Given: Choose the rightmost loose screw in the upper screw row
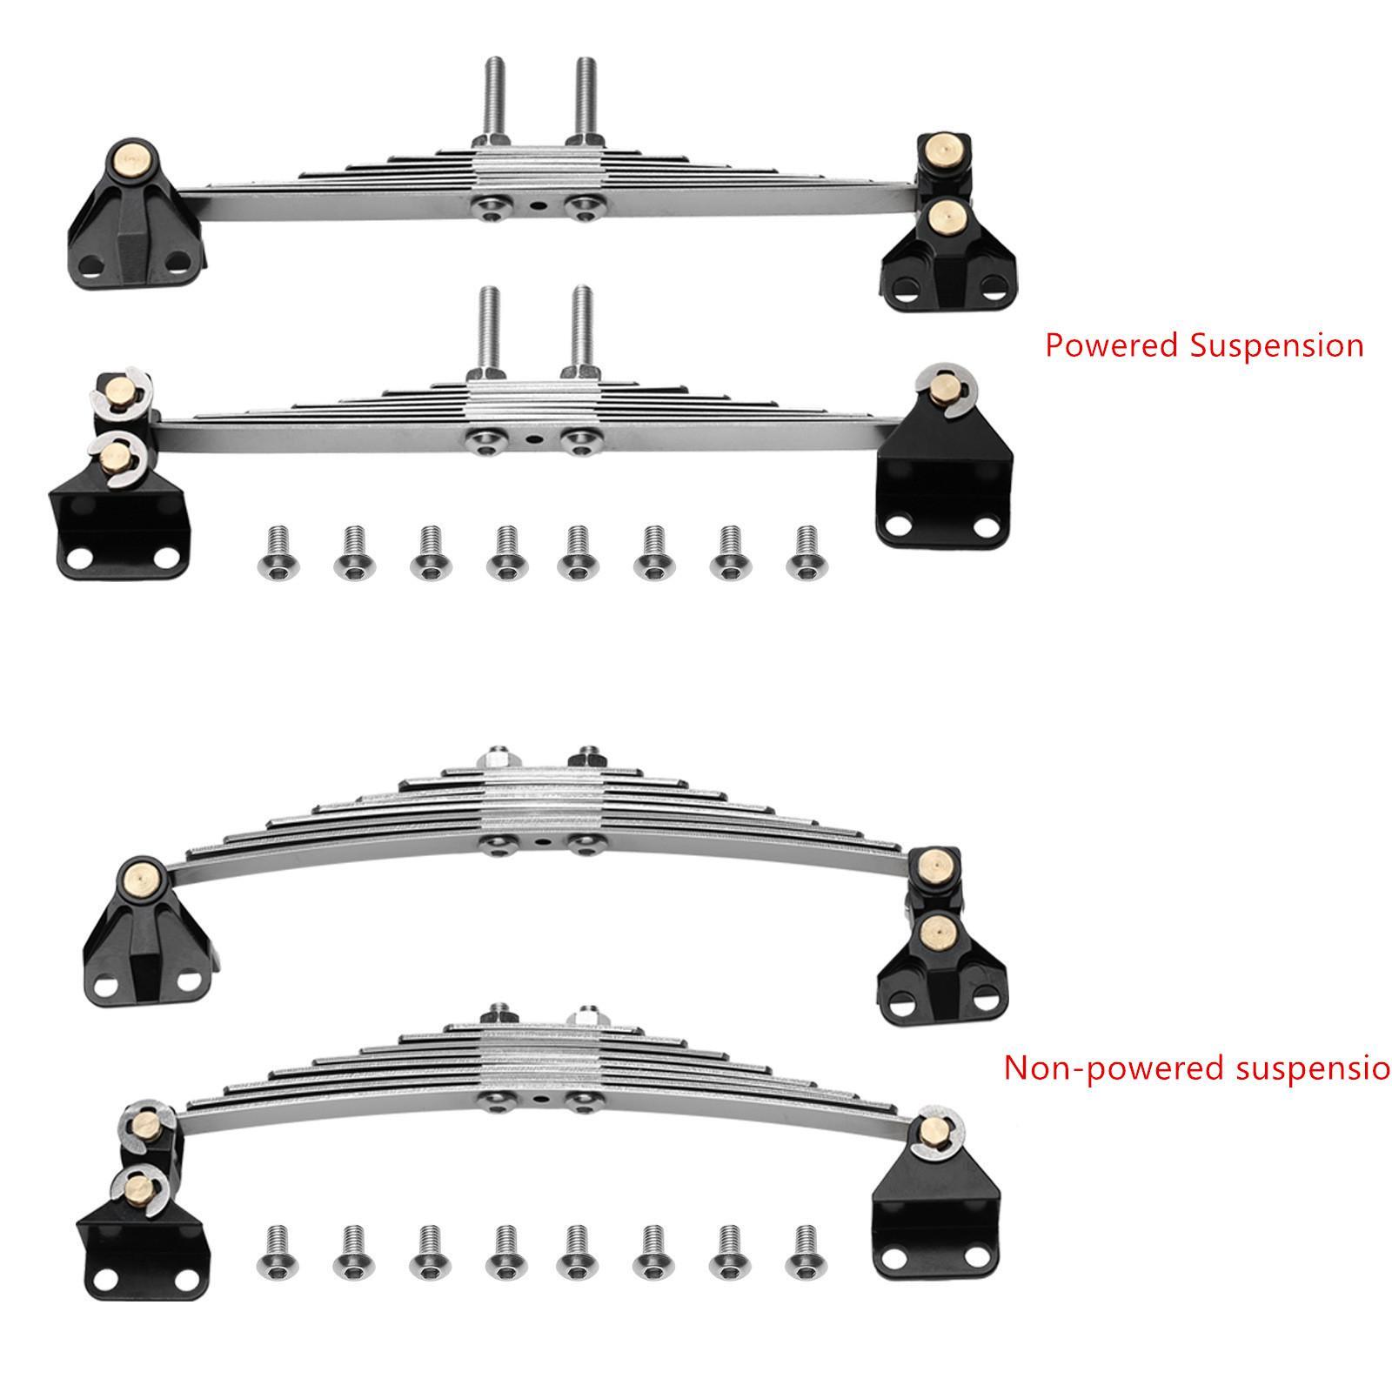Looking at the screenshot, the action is click(x=806, y=553).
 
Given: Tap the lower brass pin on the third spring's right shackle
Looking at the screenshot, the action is click(x=938, y=931).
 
